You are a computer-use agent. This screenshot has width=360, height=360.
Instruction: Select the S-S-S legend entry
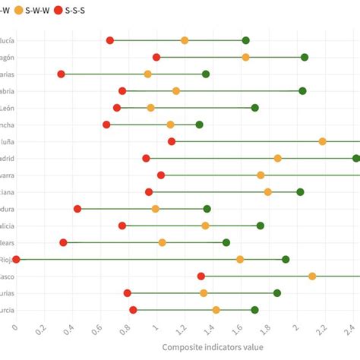pos(74,11)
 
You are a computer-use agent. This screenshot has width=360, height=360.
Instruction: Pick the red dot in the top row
pos(110,40)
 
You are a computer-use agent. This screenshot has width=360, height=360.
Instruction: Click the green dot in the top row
pos(245,40)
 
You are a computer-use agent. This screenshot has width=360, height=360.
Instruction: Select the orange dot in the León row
pos(150,108)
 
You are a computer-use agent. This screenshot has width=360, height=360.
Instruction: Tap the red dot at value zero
pos(16,259)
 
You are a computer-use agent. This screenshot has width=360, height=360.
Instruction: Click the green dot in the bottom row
pos(254,310)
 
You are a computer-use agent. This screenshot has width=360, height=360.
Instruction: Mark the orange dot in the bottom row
pos(216,310)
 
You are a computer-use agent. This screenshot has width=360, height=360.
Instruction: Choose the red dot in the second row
pos(156,57)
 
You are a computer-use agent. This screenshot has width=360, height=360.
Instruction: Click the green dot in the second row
pos(305,57)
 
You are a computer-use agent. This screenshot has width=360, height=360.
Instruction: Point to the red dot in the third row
pos(61,74)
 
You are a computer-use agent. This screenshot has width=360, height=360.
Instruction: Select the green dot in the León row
pos(254,108)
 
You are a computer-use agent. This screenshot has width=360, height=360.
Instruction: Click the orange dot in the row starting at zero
pos(240,259)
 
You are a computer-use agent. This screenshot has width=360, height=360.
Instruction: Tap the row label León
pos(8,108)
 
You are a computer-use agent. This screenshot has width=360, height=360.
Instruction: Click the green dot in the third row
pos(206,74)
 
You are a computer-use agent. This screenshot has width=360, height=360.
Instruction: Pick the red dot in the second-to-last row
pos(127,293)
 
